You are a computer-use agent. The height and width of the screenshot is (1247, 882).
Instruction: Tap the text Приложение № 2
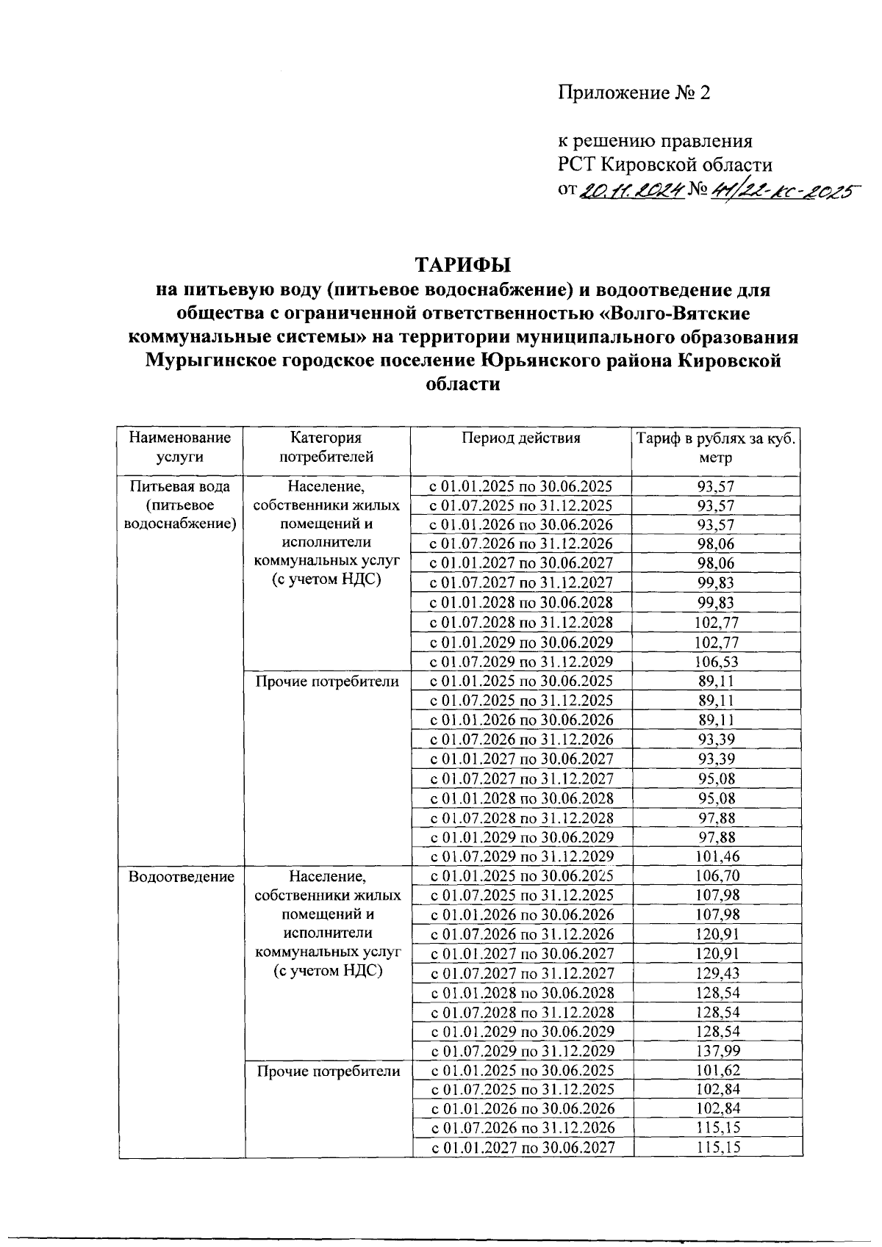coord(634,93)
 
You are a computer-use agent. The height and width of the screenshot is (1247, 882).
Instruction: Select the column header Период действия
coord(520,438)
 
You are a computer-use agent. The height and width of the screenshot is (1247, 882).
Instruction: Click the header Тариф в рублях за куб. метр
coord(716,448)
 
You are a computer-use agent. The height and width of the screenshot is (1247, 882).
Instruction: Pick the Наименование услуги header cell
coord(180,447)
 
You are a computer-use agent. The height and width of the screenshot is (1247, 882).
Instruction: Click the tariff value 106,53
coord(717,662)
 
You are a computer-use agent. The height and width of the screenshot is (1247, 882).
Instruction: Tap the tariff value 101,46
coord(717,856)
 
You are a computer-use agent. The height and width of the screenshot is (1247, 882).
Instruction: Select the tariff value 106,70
coord(717,875)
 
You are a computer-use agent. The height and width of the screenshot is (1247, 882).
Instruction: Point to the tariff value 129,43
coord(717,973)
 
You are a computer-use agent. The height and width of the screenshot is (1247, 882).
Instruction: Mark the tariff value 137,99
coord(717,1052)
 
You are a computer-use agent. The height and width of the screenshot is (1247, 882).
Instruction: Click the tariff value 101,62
coord(717,1071)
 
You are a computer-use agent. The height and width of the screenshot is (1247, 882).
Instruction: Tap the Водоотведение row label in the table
coord(181,876)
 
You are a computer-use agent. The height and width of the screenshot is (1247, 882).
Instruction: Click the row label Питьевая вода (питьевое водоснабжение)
coord(180,505)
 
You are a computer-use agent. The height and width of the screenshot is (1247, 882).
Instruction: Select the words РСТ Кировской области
coord(664,165)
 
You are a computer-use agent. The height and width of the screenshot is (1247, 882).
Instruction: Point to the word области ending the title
coord(463,384)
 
